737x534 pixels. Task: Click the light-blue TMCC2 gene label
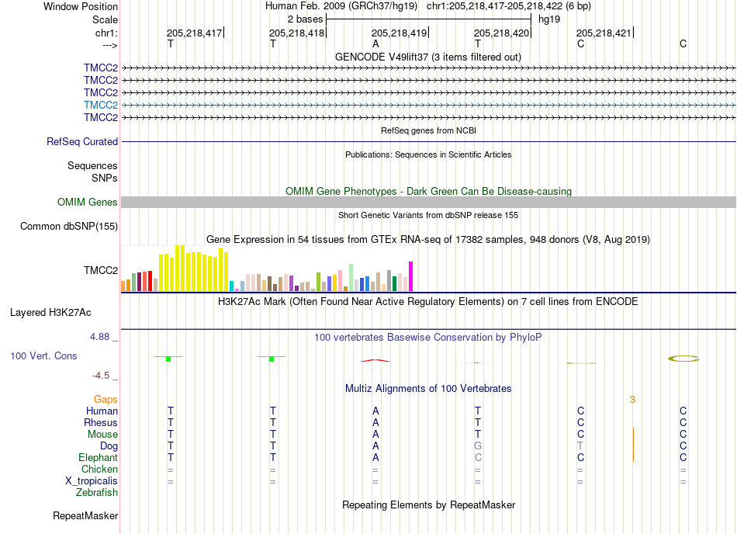click(x=101, y=105)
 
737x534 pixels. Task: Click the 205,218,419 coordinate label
click(x=399, y=33)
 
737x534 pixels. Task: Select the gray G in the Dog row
click(x=478, y=446)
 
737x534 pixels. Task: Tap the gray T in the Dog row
click(x=580, y=446)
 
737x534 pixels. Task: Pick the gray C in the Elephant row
click(x=478, y=457)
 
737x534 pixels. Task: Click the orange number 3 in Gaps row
click(x=632, y=399)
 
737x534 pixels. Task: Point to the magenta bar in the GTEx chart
click(x=411, y=276)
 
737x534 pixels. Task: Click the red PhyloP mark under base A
click(x=375, y=361)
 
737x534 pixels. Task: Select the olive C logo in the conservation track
click(x=683, y=359)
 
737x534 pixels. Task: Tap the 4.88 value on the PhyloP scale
click(x=99, y=337)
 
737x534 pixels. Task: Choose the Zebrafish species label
click(x=97, y=492)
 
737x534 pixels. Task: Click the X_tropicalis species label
click(x=92, y=481)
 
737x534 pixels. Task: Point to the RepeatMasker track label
click(x=85, y=515)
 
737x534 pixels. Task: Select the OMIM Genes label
click(x=88, y=202)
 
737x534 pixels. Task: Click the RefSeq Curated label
click(x=82, y=141)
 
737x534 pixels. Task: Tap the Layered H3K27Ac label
click(x=50, y=313)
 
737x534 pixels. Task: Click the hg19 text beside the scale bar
click(x=549, y=19)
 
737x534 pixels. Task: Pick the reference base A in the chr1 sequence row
click(x=375, y=43)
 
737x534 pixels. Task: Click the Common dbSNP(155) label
click(x=69, y=226)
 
